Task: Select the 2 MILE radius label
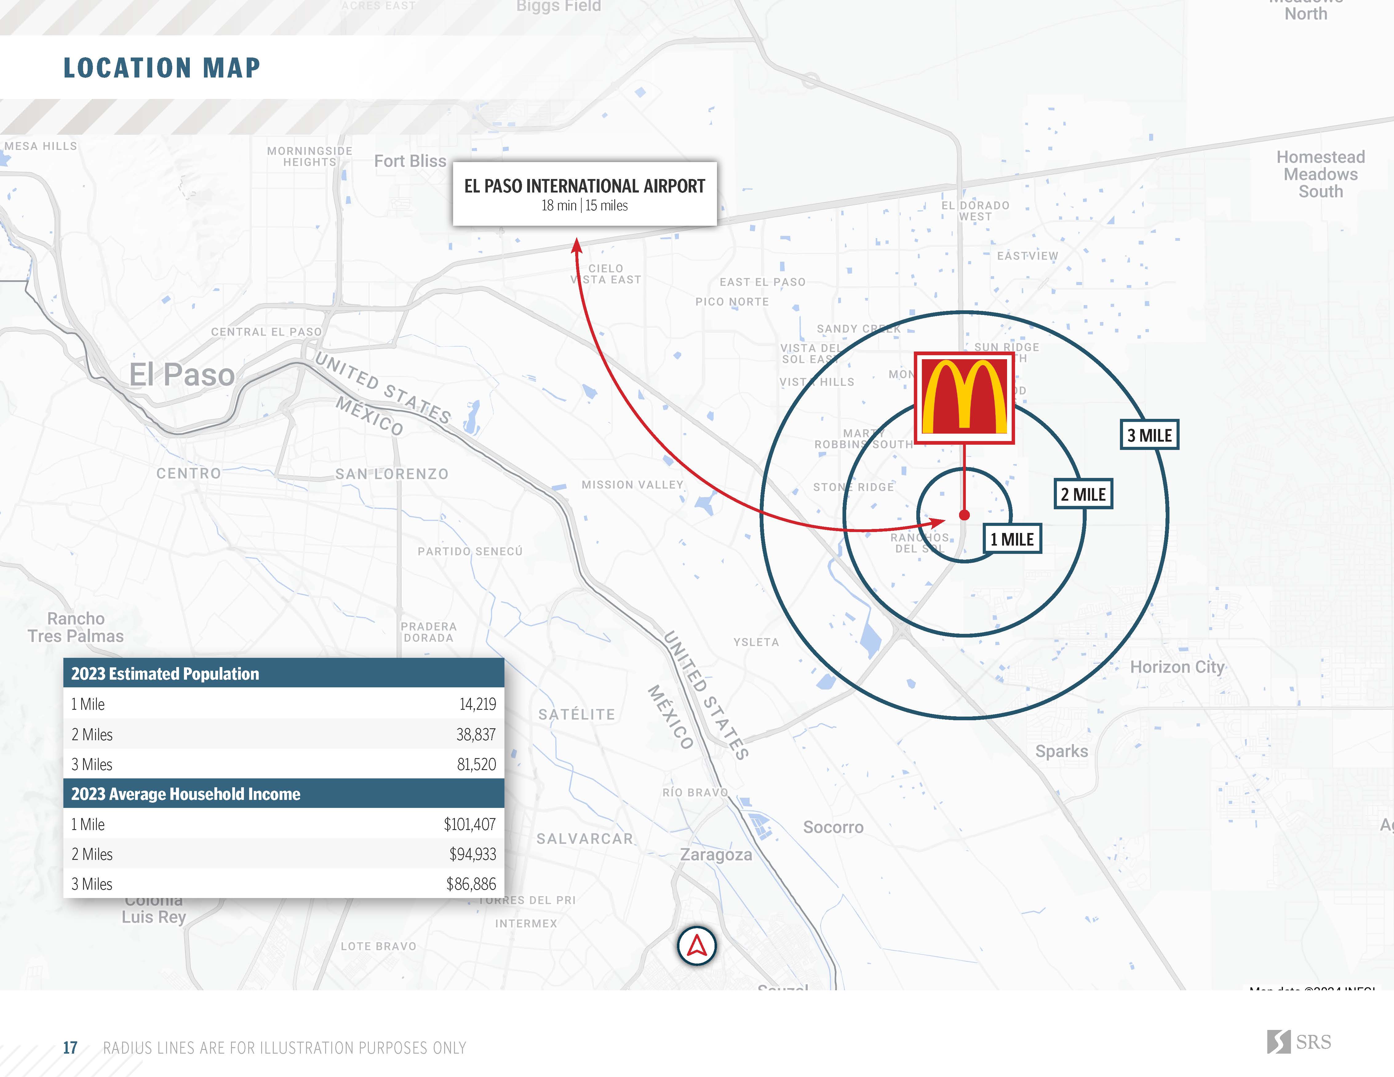pos(1083,495)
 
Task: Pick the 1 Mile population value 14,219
pos(477,704)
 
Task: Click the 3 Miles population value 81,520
pos(476,764)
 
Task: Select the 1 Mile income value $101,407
pos(470,824)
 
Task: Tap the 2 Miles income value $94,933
pos(472,854)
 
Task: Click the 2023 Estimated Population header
pos(165,674)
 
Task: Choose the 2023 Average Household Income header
pos(186,794)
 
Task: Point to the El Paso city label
pos(182,375)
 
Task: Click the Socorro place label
pos(833,828)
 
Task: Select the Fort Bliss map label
pos(410,161)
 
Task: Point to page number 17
pos(70,1048)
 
